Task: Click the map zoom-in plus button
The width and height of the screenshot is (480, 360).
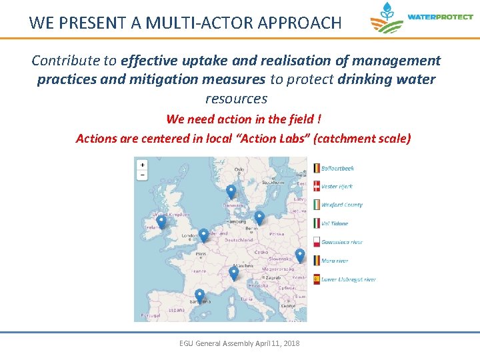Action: click(x=142, y=165)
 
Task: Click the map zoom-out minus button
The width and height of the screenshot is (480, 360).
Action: click(x=142, y=175)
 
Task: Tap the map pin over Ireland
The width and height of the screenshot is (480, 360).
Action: click(x=161, y=221)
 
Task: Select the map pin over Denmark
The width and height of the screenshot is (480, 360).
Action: click(x=231, y=191)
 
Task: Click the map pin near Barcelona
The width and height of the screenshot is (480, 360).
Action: click(x=199, y=295)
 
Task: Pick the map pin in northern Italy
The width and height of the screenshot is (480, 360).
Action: click(x=233, y=273)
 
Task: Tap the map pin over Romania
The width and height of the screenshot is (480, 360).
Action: click(x=300, y=255)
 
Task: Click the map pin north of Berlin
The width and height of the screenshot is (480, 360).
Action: click(x=259, y=217)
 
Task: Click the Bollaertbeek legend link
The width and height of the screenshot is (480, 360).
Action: click(x=337, y=168)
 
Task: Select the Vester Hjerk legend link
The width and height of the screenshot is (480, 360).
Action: click(x=337, y=187)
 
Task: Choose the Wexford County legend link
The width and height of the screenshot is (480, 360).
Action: click(x=341, y=205)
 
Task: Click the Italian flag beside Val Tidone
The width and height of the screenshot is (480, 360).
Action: click(x=316, y=224)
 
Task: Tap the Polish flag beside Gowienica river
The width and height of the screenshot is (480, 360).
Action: click(x=316, y=242)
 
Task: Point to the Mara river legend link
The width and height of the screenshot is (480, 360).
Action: click(x=335, y=261)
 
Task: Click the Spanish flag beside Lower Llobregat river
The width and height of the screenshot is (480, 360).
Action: click(x=316, y=279)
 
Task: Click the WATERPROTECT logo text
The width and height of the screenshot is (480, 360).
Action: click(x=439, y=17)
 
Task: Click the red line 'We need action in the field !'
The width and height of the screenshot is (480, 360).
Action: click(x=243, y=119)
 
